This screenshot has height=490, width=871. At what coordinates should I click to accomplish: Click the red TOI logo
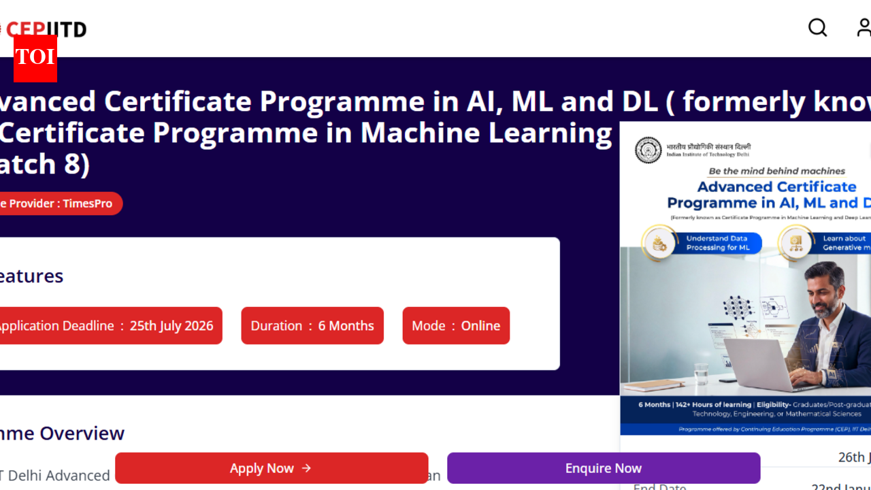35,58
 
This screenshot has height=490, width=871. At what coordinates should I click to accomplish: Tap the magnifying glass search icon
817,27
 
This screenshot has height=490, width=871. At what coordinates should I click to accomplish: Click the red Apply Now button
271,468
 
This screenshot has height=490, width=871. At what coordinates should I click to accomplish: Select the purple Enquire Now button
603,468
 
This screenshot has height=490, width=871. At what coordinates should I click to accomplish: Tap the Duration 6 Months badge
312,325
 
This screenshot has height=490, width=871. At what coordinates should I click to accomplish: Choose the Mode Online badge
456,325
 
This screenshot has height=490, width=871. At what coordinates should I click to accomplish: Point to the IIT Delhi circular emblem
648,150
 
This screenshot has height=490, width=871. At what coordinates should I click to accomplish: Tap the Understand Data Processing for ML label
717,243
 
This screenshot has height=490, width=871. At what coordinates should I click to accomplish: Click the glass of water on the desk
702,373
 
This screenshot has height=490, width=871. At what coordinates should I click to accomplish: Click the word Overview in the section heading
82,433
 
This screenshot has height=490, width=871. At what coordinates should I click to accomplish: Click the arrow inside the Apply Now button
306,468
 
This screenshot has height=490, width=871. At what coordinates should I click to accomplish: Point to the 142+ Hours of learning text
713,405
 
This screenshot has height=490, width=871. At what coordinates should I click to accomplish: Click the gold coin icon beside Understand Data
659,244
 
